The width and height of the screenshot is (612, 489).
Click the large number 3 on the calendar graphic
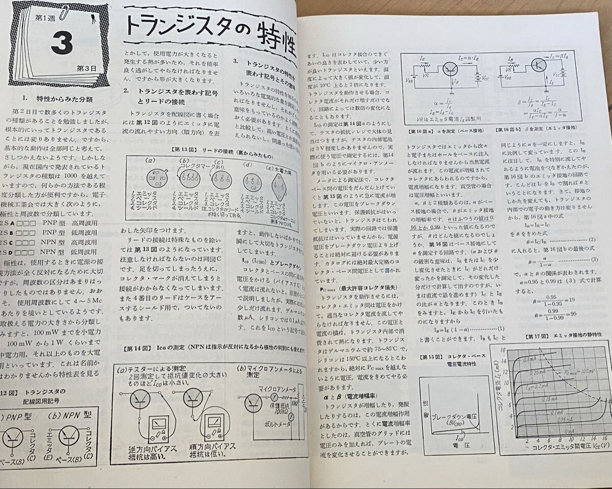pyautogui.click(x=61, y=43)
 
